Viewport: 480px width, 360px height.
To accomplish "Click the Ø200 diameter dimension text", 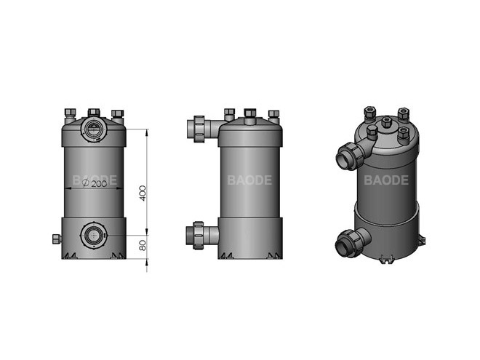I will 95,185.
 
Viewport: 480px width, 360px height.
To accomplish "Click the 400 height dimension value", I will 143,193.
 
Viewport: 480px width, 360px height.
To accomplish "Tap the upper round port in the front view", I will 94,130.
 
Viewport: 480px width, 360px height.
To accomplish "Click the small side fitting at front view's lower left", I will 55,239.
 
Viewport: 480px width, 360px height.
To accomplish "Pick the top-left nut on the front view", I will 70,113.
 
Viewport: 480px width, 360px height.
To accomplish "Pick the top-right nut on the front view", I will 117,113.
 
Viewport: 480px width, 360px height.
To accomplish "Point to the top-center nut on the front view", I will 94,113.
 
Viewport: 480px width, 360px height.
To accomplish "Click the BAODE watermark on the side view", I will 249,180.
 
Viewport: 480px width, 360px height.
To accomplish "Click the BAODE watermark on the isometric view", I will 386,180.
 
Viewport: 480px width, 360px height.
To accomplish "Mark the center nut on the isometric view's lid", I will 386,122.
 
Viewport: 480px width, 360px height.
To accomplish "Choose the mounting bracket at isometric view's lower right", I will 421,239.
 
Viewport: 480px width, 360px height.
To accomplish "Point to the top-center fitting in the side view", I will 249,114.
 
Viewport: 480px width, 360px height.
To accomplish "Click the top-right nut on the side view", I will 273,114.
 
